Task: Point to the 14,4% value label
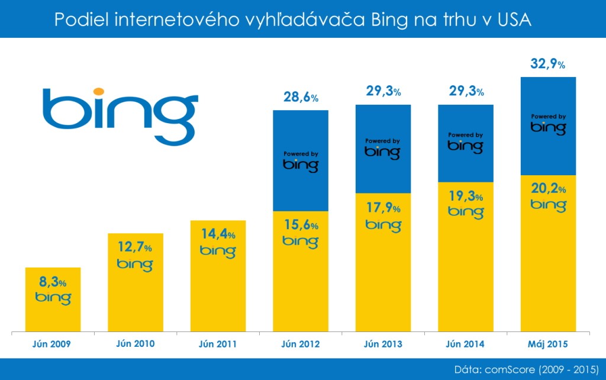coord(218,234)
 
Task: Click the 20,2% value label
coord(549,189)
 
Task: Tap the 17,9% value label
coord(383,208)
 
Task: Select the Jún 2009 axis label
coord(52,344)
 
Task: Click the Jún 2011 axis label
coord(218,344)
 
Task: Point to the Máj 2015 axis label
coord(549,344)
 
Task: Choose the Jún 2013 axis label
coord(383,344)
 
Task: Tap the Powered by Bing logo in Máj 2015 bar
coord(548,124)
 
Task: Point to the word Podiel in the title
coord(79,20)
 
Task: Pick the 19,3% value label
coord(466,197)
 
